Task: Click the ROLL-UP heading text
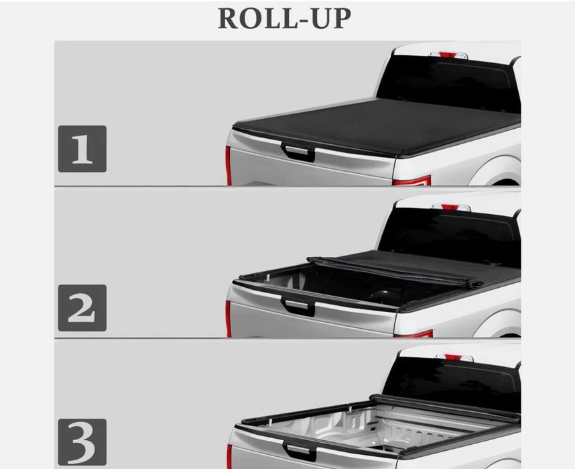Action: pyautogui.click(x=285, y=18)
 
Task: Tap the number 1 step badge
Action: pyautogui.click(x=82, y=149)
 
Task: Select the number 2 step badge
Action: pyautogui.click(x=82, y=308)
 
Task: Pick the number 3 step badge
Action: pyautogui.click(x=82, y=442)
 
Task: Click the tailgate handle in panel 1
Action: pyautogui.click(x=298, y=152)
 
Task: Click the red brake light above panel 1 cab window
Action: pyautogui.click(x=448, y=55)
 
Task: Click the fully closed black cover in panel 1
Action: pyautogui.click(x=378, y=127)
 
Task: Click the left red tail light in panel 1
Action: pyautogui.click(x=229, y=166)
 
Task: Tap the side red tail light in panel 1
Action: pyautogui.click(x=411, y=180)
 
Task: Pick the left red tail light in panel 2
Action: pyautogui.click(x=229, y=319)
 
